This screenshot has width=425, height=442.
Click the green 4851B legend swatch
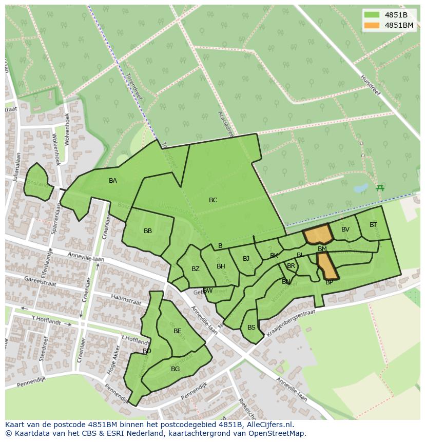(x=372, y=15)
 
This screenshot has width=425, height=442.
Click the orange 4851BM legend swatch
(x=372, y=25)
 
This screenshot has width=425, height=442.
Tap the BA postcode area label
(x=113, y=181)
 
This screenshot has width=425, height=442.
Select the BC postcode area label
(x=213, y=200)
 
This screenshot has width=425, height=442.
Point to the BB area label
(x=148, y=231)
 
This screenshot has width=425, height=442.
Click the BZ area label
(x=196, y=269)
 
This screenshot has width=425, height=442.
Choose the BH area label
(x=221, y=266)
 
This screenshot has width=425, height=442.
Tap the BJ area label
(x=246, y=259)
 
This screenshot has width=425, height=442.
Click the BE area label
(x=178, y=331)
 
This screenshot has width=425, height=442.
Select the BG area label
(x=176, y=369)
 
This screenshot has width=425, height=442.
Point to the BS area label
(x=252, y=328)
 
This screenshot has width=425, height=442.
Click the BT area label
(x=373, y=225)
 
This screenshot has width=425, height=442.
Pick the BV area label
(x=345, y=229)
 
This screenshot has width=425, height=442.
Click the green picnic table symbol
(x=380, y=188)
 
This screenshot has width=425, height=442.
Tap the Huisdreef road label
(x=371, y=85)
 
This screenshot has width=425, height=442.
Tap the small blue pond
(x=360, y=188)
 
